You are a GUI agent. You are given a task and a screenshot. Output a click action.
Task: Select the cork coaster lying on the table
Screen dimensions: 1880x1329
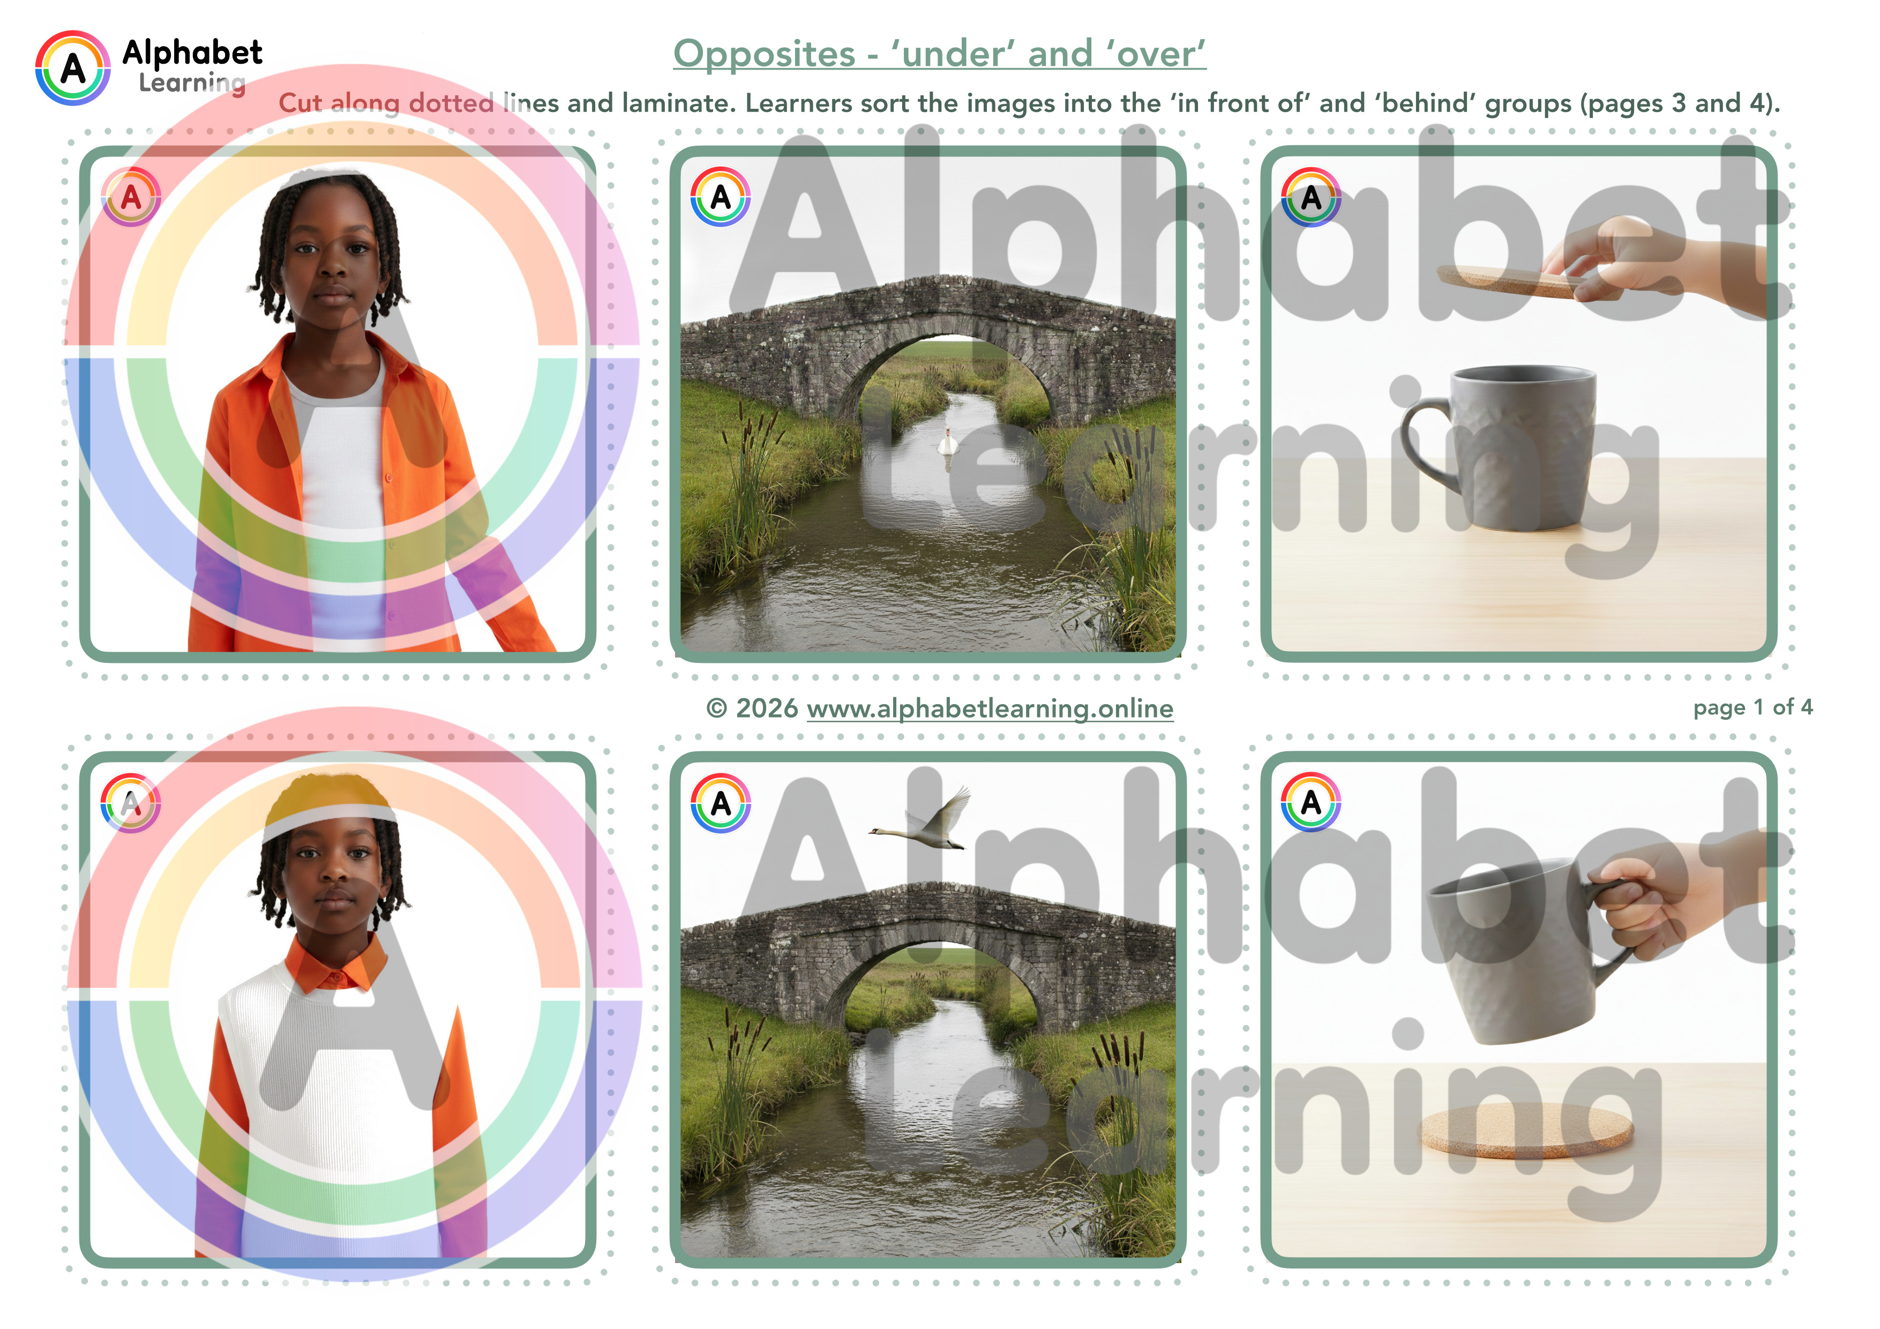pos(1526,1131)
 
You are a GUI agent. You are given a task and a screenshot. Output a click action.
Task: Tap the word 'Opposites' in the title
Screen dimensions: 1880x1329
pos(764,54)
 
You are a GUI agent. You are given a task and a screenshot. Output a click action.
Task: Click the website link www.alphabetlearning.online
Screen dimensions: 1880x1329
pos(990,708)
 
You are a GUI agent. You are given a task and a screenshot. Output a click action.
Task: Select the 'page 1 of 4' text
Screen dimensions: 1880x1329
pos(1753,707)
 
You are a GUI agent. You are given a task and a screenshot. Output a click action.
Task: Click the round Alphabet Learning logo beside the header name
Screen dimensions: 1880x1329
pos(73,68)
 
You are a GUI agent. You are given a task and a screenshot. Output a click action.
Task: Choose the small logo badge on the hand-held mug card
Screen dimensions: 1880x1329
pos(1311,802)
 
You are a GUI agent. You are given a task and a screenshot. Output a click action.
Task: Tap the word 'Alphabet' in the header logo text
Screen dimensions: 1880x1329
pos(192,53)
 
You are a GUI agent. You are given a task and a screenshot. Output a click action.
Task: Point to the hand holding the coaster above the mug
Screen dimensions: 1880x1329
pos(1671,262)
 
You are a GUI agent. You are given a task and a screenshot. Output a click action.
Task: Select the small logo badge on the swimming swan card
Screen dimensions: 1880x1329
pos(721,197)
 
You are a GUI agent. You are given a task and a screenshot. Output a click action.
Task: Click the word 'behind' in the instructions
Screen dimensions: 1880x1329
pos(1426,103)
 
